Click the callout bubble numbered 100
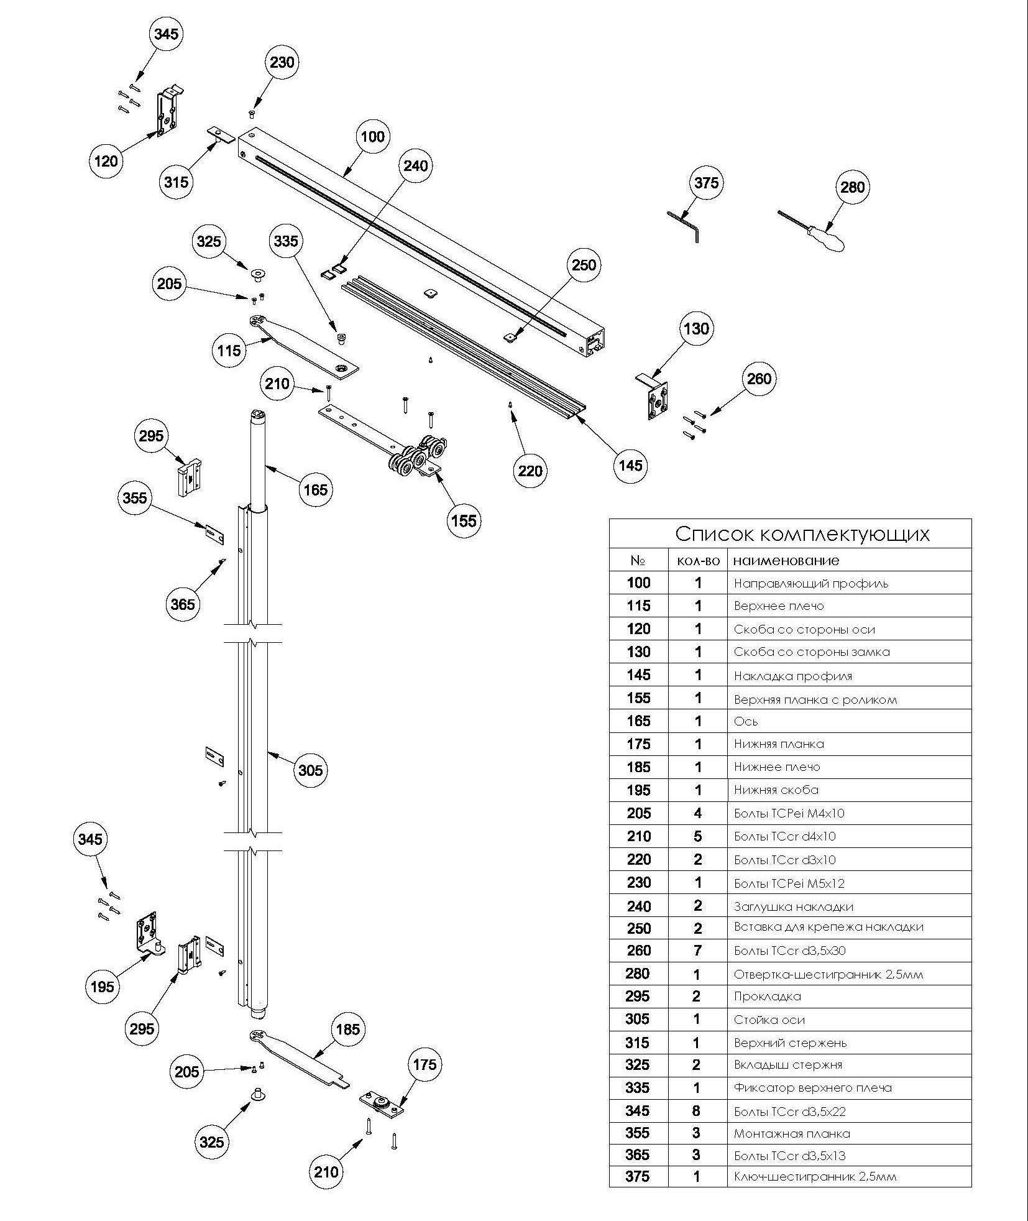click(373, 137)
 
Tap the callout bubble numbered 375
click(706, 183)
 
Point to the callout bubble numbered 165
click(314, 490)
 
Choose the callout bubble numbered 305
click(310, 771)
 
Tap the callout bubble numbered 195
click(102, 986)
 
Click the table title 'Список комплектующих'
click(802, 534)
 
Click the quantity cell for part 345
click(697, 1111)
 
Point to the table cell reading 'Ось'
click(746, 722)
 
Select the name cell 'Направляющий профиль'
click(810, 584)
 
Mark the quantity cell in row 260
click(697, 951)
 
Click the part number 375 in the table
click(638, 1176)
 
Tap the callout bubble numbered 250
click(584, 265)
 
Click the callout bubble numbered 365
click(183, 604)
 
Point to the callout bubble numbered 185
click(347, 1029)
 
